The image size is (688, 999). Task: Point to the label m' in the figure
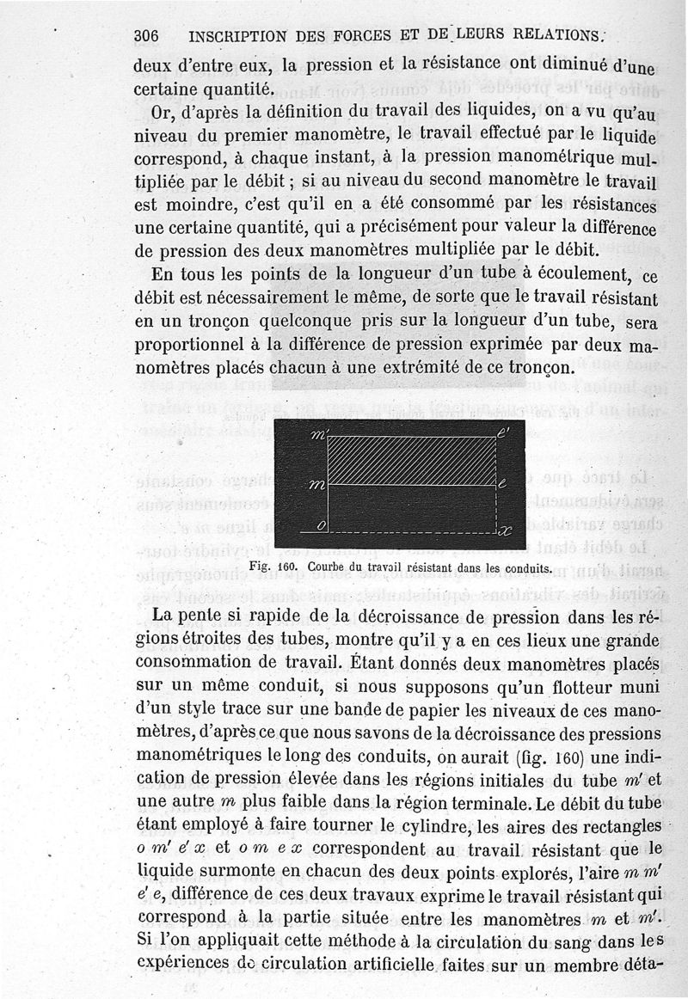tap(319, 437)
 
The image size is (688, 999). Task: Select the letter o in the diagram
tap(320, 526)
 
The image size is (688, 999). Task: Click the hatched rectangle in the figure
tap(413, 460)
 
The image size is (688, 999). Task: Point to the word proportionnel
tap(187, 345)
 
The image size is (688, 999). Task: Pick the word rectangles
tap(618, 827)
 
